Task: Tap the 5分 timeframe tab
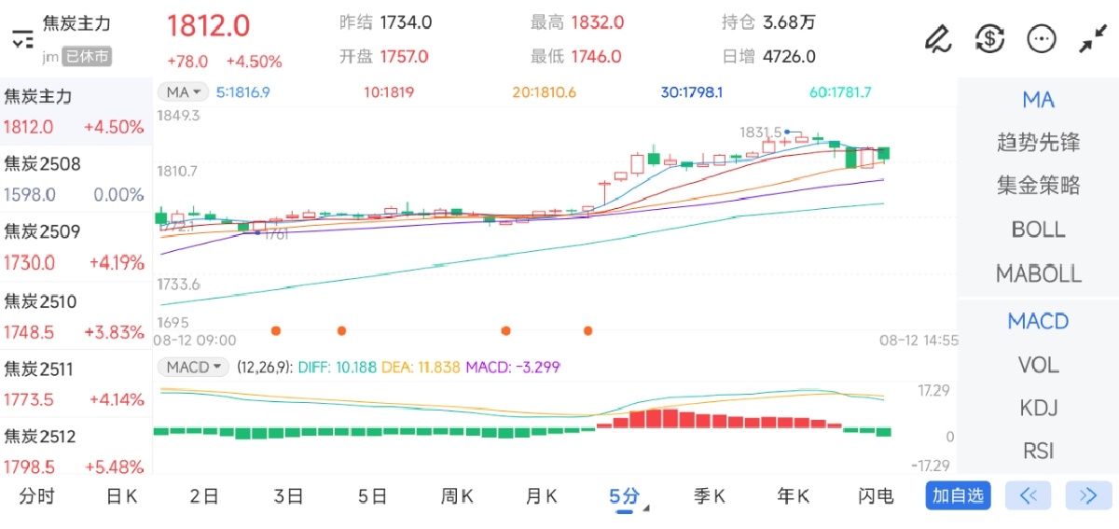point(624,495)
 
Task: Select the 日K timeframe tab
point(121,495)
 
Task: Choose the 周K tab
point(456,495)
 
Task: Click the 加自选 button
point(958,495)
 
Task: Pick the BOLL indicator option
point(1038,230)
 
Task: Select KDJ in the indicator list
point(1038,408)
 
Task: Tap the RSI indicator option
point(1038,451)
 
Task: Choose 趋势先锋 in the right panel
point(1038,143)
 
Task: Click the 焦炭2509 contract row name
point(43,231)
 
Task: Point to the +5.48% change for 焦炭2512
point(114,466)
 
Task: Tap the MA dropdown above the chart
point(183,91)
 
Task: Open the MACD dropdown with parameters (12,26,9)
point(193,367)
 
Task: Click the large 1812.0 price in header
point(208,25)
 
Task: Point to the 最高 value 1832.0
point(597,22)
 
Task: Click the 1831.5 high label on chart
point(760,132)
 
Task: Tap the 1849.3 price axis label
point(180,116)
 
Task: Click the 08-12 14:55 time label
point(919,341)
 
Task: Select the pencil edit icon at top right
point(936,38)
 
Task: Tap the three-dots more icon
point(1041,38)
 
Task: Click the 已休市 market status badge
point(88,57)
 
